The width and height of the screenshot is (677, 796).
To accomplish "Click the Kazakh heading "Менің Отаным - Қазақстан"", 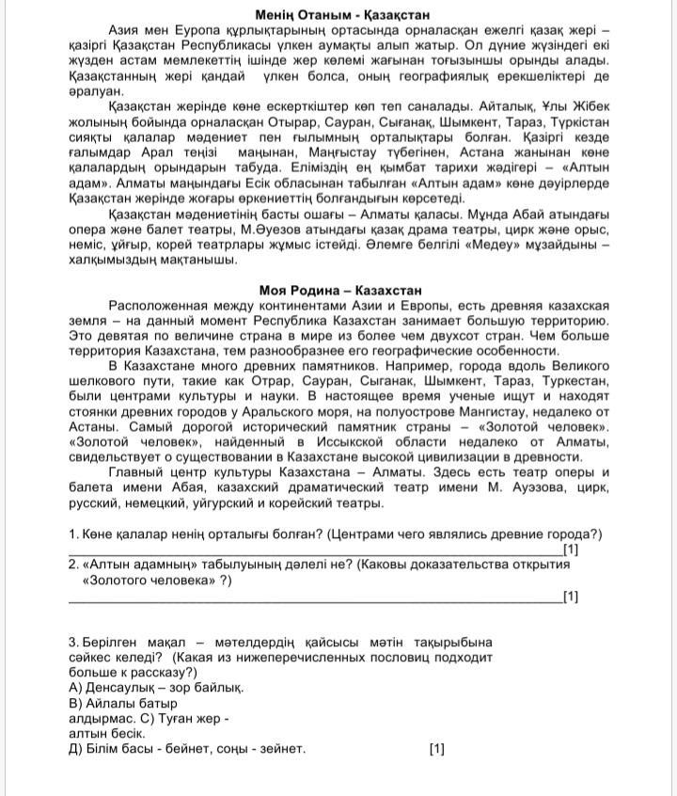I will point(338,15).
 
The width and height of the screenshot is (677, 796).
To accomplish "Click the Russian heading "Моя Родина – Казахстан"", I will point(339,290).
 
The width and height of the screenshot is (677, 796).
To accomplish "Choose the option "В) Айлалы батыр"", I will point(123,703).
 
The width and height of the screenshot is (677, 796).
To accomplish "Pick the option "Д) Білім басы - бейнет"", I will point(187,749).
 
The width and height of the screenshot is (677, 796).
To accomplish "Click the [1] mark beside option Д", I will point(436,750).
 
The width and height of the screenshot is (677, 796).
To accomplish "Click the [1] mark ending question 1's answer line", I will point(570,549).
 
